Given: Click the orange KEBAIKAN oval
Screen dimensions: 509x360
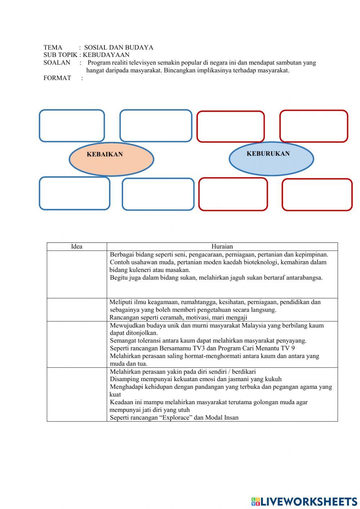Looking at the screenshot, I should [x=111, y=159].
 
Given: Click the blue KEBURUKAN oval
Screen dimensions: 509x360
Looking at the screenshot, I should [x=271, y=158].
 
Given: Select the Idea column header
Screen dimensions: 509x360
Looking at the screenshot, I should [x=77, y=247].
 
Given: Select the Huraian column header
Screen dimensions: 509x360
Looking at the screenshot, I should [x=222, y=247].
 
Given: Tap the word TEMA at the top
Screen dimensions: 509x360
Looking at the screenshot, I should [x=53, y=48].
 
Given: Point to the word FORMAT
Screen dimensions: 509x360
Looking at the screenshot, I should [x=57, y=78].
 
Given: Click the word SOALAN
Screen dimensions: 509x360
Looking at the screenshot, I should [x=57, y=63].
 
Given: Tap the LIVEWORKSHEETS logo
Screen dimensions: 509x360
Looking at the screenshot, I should [x=304, y=501].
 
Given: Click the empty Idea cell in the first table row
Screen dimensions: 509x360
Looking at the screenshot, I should [x=77, y=274].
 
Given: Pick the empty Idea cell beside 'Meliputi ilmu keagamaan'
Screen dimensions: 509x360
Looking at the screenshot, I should [x=77, y=310].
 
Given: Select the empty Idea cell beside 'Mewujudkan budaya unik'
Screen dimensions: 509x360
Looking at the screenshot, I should [x=77, y=344].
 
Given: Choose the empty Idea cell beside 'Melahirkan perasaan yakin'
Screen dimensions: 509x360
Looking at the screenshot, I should [x=77, y=394].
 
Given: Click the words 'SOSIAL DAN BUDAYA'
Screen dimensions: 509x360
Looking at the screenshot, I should [x=119, y=48].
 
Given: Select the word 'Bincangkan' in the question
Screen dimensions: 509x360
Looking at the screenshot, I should [x=179, y=71].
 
